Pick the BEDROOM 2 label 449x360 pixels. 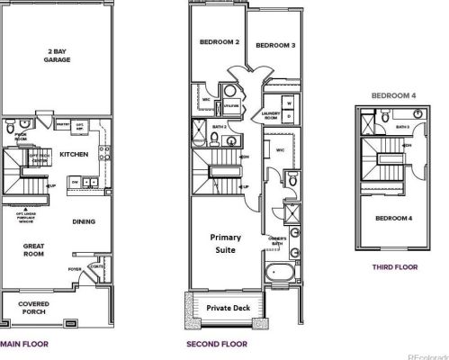tap(219, 42)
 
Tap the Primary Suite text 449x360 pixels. tap(226, 243)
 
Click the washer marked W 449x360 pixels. tap(289, 103)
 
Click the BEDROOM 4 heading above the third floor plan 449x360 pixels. tap(393, 94)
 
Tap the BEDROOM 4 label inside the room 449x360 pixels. tap(392, 219)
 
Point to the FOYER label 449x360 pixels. tap(75, 267)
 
